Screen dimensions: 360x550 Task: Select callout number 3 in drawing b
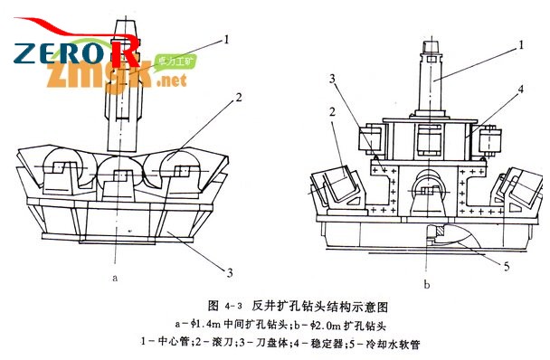pyautogui.click(x=333, y=79)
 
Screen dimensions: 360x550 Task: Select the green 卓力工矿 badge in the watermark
pyautogui.click(x=178, y=62)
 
